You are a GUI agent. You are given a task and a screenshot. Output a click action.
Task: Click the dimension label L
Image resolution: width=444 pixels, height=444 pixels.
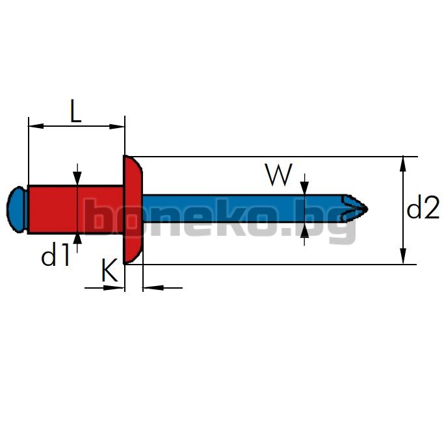coord(75,111)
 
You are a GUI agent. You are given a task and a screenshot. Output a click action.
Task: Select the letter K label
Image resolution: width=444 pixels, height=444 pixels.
coord(109,270)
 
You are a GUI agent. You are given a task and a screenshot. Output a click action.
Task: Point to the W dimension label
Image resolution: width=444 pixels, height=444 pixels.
coord(278,175)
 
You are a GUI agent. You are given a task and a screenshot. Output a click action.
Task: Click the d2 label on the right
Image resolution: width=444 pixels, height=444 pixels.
coord(423,207)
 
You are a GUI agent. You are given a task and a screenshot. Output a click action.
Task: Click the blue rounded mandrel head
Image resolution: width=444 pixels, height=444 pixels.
coord(17,209)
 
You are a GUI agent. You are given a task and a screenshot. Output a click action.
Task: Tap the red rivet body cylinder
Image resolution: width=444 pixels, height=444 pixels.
coord(75,209)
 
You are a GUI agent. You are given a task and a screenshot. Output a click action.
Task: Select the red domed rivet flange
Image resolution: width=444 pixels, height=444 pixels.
coord(133,209)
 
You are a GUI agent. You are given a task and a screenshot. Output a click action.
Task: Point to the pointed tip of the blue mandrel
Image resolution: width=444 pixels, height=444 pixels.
coord(367,209)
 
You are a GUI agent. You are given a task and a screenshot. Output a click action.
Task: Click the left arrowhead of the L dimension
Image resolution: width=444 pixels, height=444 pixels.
coord(36,126)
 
